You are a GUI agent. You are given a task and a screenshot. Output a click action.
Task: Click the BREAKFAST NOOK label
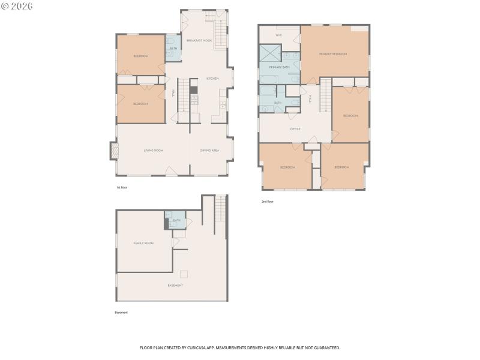click(199, 40)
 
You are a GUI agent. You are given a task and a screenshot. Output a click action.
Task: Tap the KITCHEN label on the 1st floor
click(212, 79)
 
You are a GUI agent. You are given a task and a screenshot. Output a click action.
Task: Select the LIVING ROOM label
click(154, 150)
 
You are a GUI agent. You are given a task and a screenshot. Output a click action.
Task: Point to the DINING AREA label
click(209, 150)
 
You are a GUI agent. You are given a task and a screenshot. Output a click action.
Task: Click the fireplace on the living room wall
click(112, 151)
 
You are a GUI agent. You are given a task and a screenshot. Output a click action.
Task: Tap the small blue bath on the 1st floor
click(173, 53)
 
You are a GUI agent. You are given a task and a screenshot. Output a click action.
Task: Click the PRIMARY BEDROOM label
click(333, 54)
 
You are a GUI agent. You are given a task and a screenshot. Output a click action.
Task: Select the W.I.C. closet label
click(278, 35)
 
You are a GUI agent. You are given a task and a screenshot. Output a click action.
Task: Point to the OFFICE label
click(295, 128)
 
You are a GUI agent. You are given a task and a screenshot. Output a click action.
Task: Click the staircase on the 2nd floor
click(325, 97)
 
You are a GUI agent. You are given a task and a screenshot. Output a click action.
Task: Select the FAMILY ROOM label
click(143, 243)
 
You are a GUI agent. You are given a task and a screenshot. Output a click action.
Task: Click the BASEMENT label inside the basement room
click(175, 285)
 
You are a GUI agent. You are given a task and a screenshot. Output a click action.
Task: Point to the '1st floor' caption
click(122, 187)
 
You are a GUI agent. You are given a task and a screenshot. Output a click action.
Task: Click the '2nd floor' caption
click(268, 202)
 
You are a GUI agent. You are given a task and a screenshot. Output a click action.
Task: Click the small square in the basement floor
click(184, 274)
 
